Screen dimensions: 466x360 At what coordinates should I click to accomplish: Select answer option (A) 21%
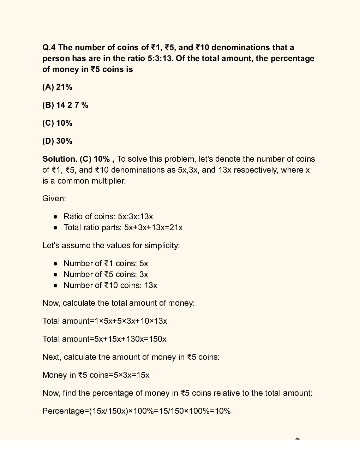pyautogui.click(x=57, y=87)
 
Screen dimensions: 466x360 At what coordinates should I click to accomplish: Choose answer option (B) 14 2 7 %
pyautogui.click(x=65, y=105)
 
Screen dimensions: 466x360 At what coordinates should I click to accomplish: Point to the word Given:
pyautogui.click(x=54, y=199)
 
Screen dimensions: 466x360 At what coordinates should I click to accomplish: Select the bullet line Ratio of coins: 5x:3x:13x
pyautogui.click(x=108, y=217)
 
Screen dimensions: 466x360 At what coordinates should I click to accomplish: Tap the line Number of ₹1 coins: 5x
pyautogui.click(x=106, y=264)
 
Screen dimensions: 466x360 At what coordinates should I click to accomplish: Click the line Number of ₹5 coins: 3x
pyautogui.click(x=106, y=275)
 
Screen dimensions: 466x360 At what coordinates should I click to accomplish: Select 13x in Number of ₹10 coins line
pyautogui.click(x=151, y=286)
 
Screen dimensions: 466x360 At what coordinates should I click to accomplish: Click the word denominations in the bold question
pyautogui.click(x=240, y=48)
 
